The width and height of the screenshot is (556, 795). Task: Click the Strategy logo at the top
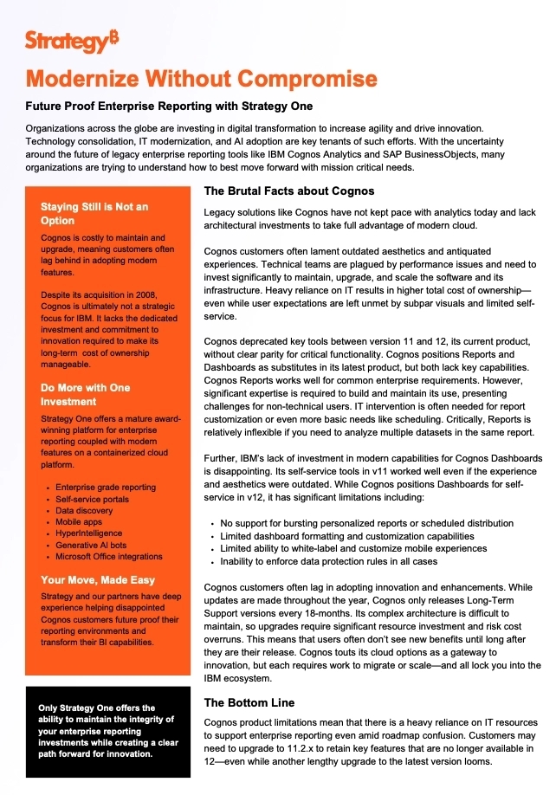coord(72,40)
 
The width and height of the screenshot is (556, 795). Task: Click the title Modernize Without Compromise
coord(202,79)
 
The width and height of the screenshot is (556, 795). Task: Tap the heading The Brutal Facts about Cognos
coord(288,191)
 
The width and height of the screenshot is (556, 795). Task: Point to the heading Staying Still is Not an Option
coord(94,214)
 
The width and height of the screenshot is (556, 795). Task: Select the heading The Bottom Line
coord(249,702)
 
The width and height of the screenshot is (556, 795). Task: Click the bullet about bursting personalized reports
coord(366,524)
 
